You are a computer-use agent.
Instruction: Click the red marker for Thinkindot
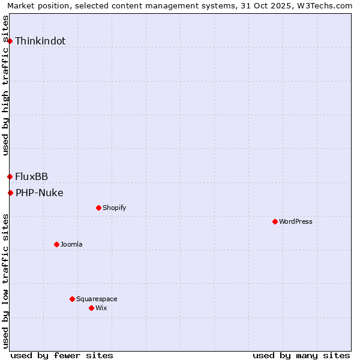coord(10,41)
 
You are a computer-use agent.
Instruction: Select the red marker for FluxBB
coord(10,176)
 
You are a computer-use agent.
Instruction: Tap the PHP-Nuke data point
coord(10,193)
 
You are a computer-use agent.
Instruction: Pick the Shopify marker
coord(98,208)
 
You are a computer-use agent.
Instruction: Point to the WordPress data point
coord(275,221)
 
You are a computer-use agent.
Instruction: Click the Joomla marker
coord(56,244)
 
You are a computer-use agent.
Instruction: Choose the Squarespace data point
coord(72,299)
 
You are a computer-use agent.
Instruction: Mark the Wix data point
coord(91,308)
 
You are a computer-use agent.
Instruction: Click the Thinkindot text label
coord(40,41)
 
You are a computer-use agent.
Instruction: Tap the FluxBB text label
coord(32,176)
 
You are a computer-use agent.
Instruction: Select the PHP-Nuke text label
coord(40,193)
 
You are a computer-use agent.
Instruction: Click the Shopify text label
coord(115,208)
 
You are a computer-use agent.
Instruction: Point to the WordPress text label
coord(296,222)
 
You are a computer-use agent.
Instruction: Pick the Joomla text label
coord(71,245)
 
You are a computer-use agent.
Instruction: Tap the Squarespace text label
coord(97,299)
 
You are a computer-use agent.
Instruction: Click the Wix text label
coord(101,308)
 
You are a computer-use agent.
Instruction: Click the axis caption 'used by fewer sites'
coord(62,355)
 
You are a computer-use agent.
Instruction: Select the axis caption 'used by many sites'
coord(301,355)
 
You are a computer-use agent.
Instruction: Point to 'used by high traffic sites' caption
coord(6,85)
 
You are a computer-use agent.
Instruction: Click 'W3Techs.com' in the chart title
coord(326,6)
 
